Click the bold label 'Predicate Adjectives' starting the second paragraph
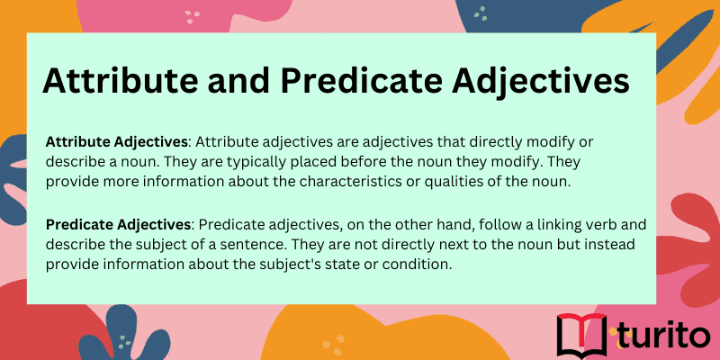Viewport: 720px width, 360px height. pyautogui.click(x=118, y=223)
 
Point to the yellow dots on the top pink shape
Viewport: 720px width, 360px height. pyautogui.click(x=193, y=15)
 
